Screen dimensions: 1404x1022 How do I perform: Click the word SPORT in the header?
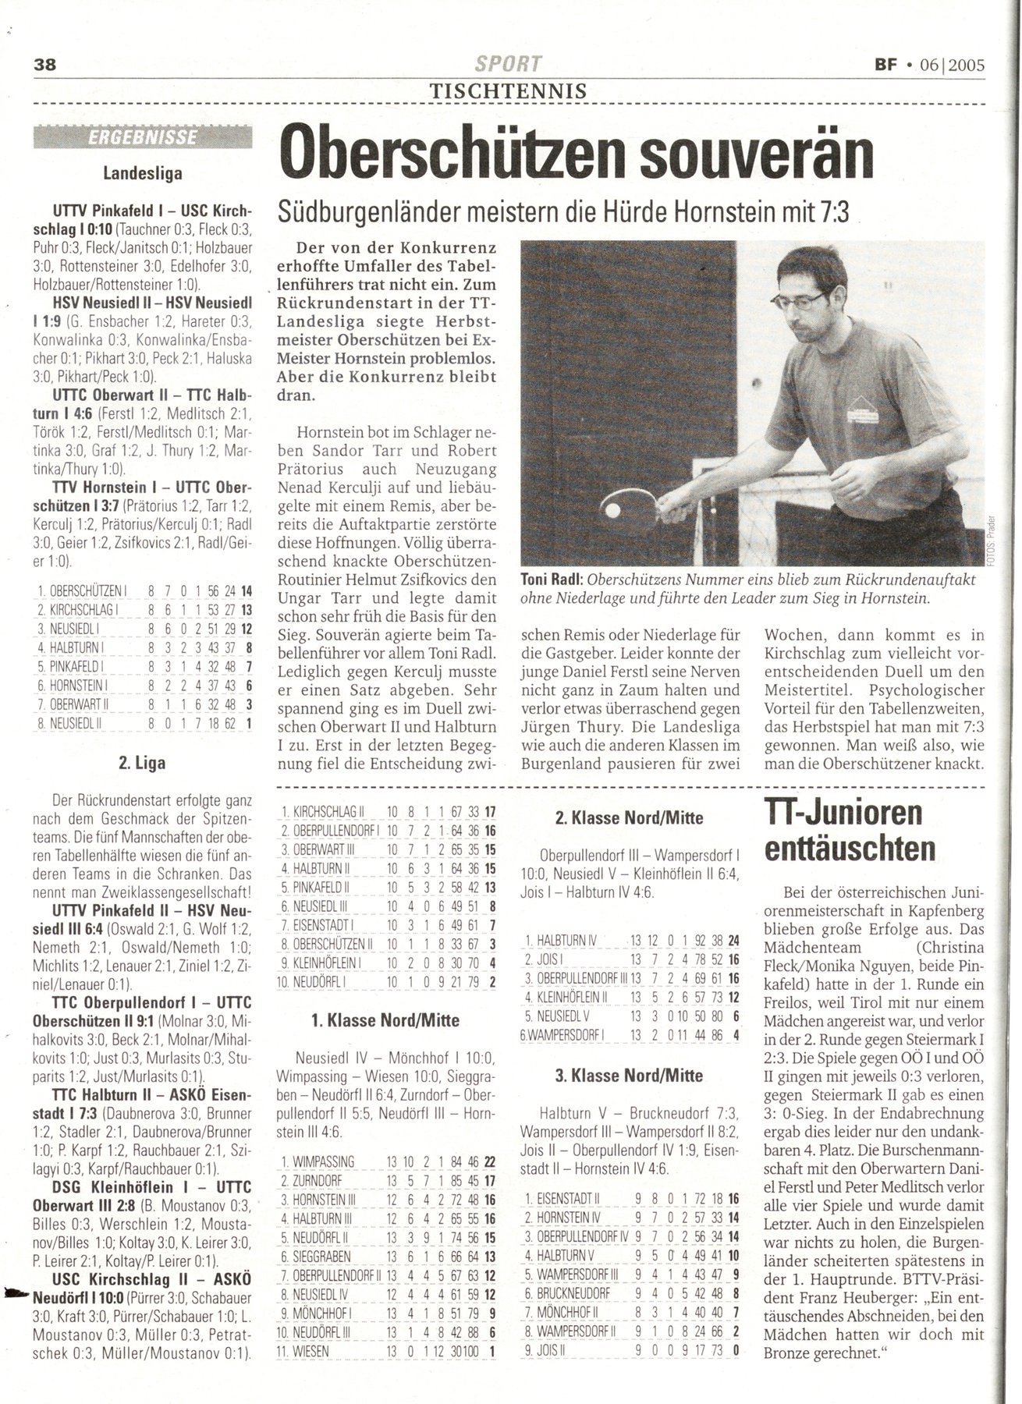pos(509,64)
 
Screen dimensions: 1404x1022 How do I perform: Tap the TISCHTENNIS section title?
pos(509,90)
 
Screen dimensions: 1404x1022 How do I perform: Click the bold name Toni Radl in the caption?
pos(553,580)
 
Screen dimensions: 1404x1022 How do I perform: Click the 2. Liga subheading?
pos(142,763)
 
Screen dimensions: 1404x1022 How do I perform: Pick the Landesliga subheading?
pos(143,173)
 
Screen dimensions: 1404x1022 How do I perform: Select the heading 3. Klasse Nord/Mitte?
pos(629,1076)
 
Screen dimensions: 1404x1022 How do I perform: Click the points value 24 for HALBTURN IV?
pos(733,941)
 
